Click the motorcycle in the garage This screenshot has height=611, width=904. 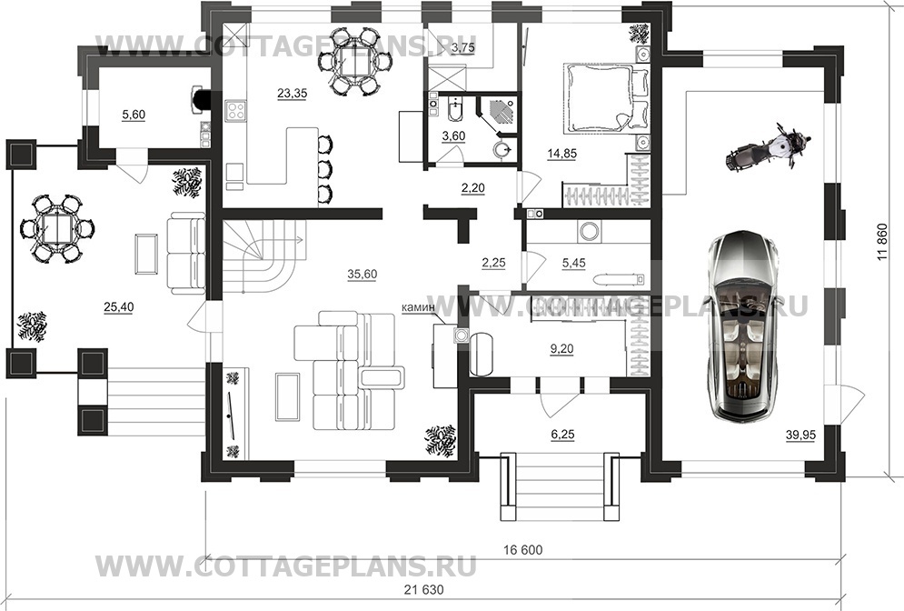(768, 147)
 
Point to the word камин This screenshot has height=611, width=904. (417, 308)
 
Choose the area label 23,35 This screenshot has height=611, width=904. (292, 91)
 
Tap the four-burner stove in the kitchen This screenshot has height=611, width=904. (237, 112)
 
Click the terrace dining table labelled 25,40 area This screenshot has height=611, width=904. (55, 227)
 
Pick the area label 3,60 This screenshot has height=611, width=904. (452, 136)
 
